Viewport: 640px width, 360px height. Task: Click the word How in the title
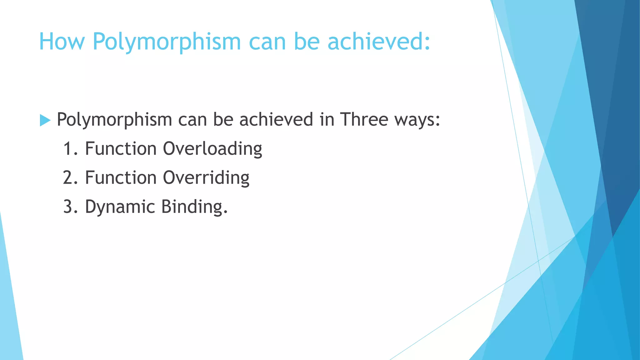[62, 42]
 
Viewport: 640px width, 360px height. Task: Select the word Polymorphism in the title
[167, 42]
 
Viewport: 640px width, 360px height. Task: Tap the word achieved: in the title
[379, 42]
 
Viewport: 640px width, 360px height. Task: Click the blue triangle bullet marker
[45, 120]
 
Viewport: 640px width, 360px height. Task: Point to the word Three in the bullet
[364, 119]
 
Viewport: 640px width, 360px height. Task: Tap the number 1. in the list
[70, 149]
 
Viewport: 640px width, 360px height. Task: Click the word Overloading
[212, 149]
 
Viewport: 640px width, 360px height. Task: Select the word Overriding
[206, 178]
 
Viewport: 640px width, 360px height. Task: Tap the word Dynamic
[120, 207]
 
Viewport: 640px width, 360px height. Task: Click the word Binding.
[194, 207]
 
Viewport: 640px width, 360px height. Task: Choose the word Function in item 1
[121, 149]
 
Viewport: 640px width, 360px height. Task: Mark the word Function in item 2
[121, 178]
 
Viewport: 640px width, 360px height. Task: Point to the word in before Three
[327, 119]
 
